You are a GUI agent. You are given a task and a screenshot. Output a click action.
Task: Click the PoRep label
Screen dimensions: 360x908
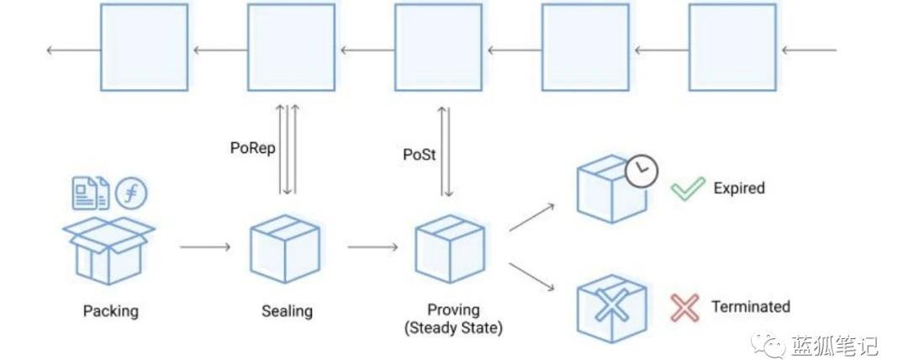(x=252, y=147)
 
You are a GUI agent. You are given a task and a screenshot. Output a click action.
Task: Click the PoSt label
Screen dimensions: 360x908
(x=419, y=156)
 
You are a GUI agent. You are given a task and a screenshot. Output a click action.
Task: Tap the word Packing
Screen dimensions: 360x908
(x=110, y=311)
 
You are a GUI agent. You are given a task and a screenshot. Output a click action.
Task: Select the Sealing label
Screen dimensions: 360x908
(x=287, y=311)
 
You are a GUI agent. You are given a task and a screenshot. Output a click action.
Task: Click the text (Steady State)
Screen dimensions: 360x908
(x=453, y=328)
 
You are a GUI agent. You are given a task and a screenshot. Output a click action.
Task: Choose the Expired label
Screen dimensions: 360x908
(x=739, y=188)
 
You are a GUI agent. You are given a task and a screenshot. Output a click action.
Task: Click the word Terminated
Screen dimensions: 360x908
(x=751, y=307)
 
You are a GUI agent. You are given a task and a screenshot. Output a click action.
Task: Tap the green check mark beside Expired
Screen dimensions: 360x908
(x=687, y=188)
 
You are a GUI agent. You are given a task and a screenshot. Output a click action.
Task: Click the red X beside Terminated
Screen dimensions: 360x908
(x=685, y=307)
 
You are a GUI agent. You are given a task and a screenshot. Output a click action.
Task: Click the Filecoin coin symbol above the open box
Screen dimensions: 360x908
(x=131, y=193)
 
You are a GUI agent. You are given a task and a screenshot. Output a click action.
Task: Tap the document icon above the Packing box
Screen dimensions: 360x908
(x=90, y=193)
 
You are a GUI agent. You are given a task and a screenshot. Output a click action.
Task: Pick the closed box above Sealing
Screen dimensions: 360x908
(x=284, y=248)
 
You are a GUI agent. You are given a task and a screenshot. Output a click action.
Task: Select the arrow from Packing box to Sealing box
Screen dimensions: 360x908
(x=204, y=247)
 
